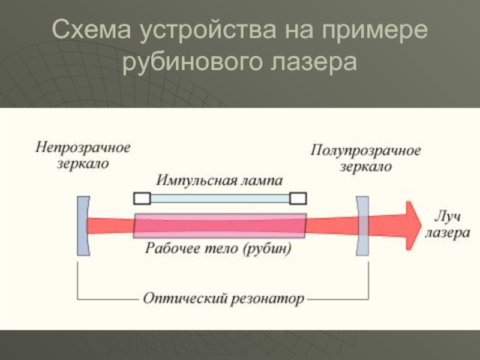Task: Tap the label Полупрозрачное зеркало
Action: click(366, 158)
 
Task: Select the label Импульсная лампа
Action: click(219, 181)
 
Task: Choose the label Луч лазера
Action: click(447, 226)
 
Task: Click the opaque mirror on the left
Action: click(83, 226)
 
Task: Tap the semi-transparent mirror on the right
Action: click(362, 226)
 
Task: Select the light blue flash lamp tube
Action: click(220, 197)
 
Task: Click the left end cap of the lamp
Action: click(142, 197)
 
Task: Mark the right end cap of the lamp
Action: click(298, 197)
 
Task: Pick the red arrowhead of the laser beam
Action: click(412, 226)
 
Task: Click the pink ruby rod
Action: click(220, 226)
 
